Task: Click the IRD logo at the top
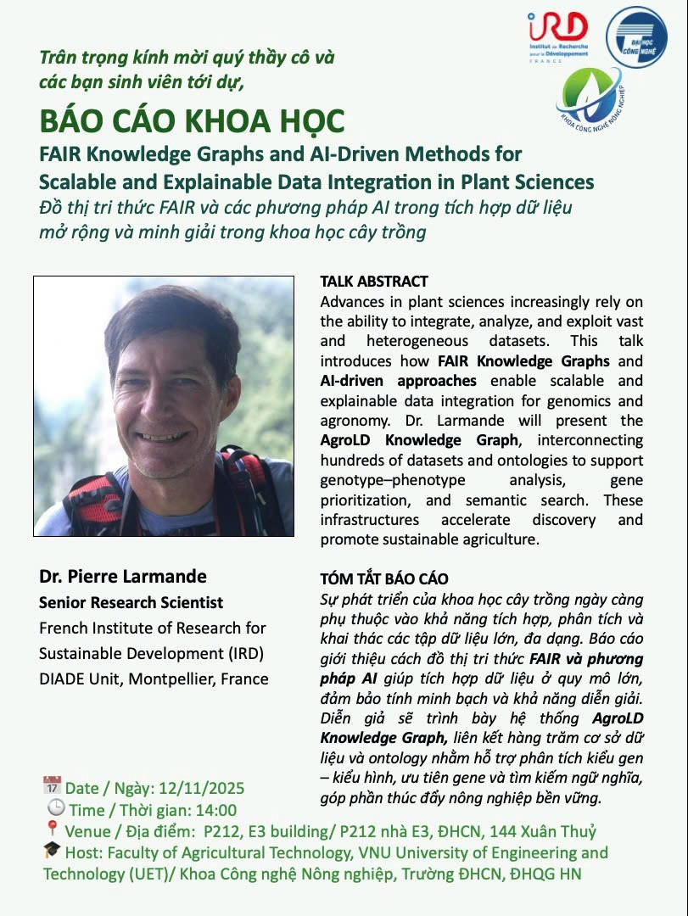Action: tap(557, 36)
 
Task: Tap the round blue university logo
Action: tap(636, 37)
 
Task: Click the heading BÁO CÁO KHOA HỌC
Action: tap(193, 122)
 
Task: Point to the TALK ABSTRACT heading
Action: tap(374, 282)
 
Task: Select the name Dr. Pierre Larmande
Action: tap(123, 577)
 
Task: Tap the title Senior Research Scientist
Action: tap(131, 603)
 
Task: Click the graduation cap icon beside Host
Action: tap(52, 850)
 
